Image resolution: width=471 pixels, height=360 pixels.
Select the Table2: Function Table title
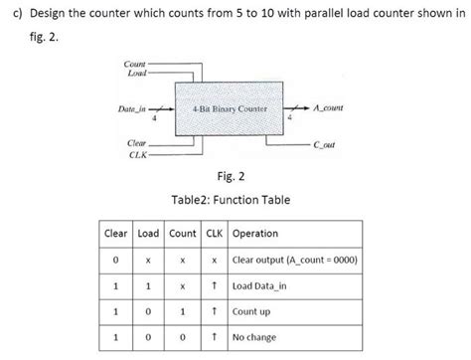click(231, 200)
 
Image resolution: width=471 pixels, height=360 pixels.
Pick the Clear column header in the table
click(117, 235)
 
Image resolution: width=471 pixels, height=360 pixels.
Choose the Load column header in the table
click(148, 235)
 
